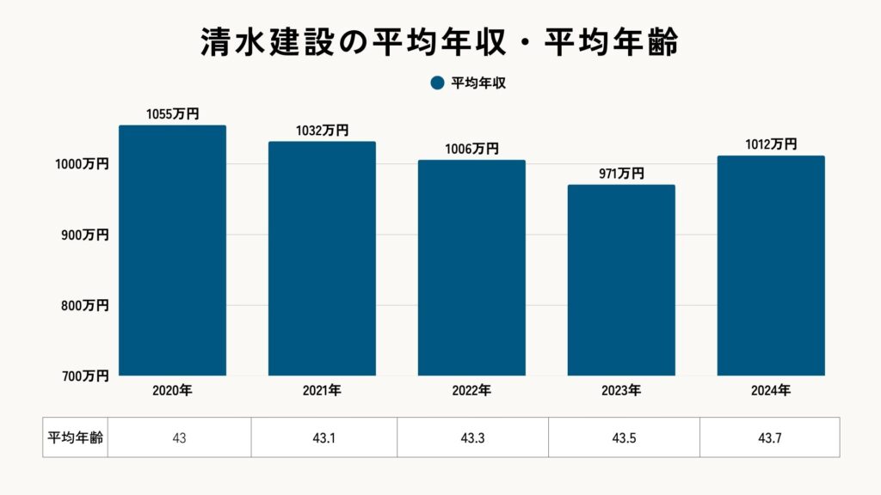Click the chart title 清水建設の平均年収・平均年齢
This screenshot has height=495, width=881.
click(x=440, y=42)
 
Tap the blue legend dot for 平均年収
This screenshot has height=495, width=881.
click(x=436, y=82)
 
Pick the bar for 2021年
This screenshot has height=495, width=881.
click(x=322, y=259)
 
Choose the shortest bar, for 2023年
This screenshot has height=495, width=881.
click(x=621, y=280)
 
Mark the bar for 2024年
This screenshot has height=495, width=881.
click(x=771, y=266)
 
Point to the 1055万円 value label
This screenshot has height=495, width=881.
click(x=172, y=113)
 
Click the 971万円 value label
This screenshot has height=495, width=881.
click(x=621, y=173)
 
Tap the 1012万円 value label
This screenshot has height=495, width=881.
click(x=771, y=144)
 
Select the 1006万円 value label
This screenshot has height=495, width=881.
click(x=471, y=149)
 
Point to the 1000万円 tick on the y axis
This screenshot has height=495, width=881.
click(x=83, y=164)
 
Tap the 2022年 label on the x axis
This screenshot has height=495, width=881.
click(x=471, y=390)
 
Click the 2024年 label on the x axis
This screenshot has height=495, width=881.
click(x=771, y=390)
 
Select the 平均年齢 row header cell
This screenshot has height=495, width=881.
click(x=75, y=437)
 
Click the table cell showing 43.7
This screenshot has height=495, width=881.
click(x=770, y=437)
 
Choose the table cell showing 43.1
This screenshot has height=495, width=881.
click(x=324, y=437)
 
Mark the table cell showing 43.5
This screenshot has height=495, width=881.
click(x=624, y=437)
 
